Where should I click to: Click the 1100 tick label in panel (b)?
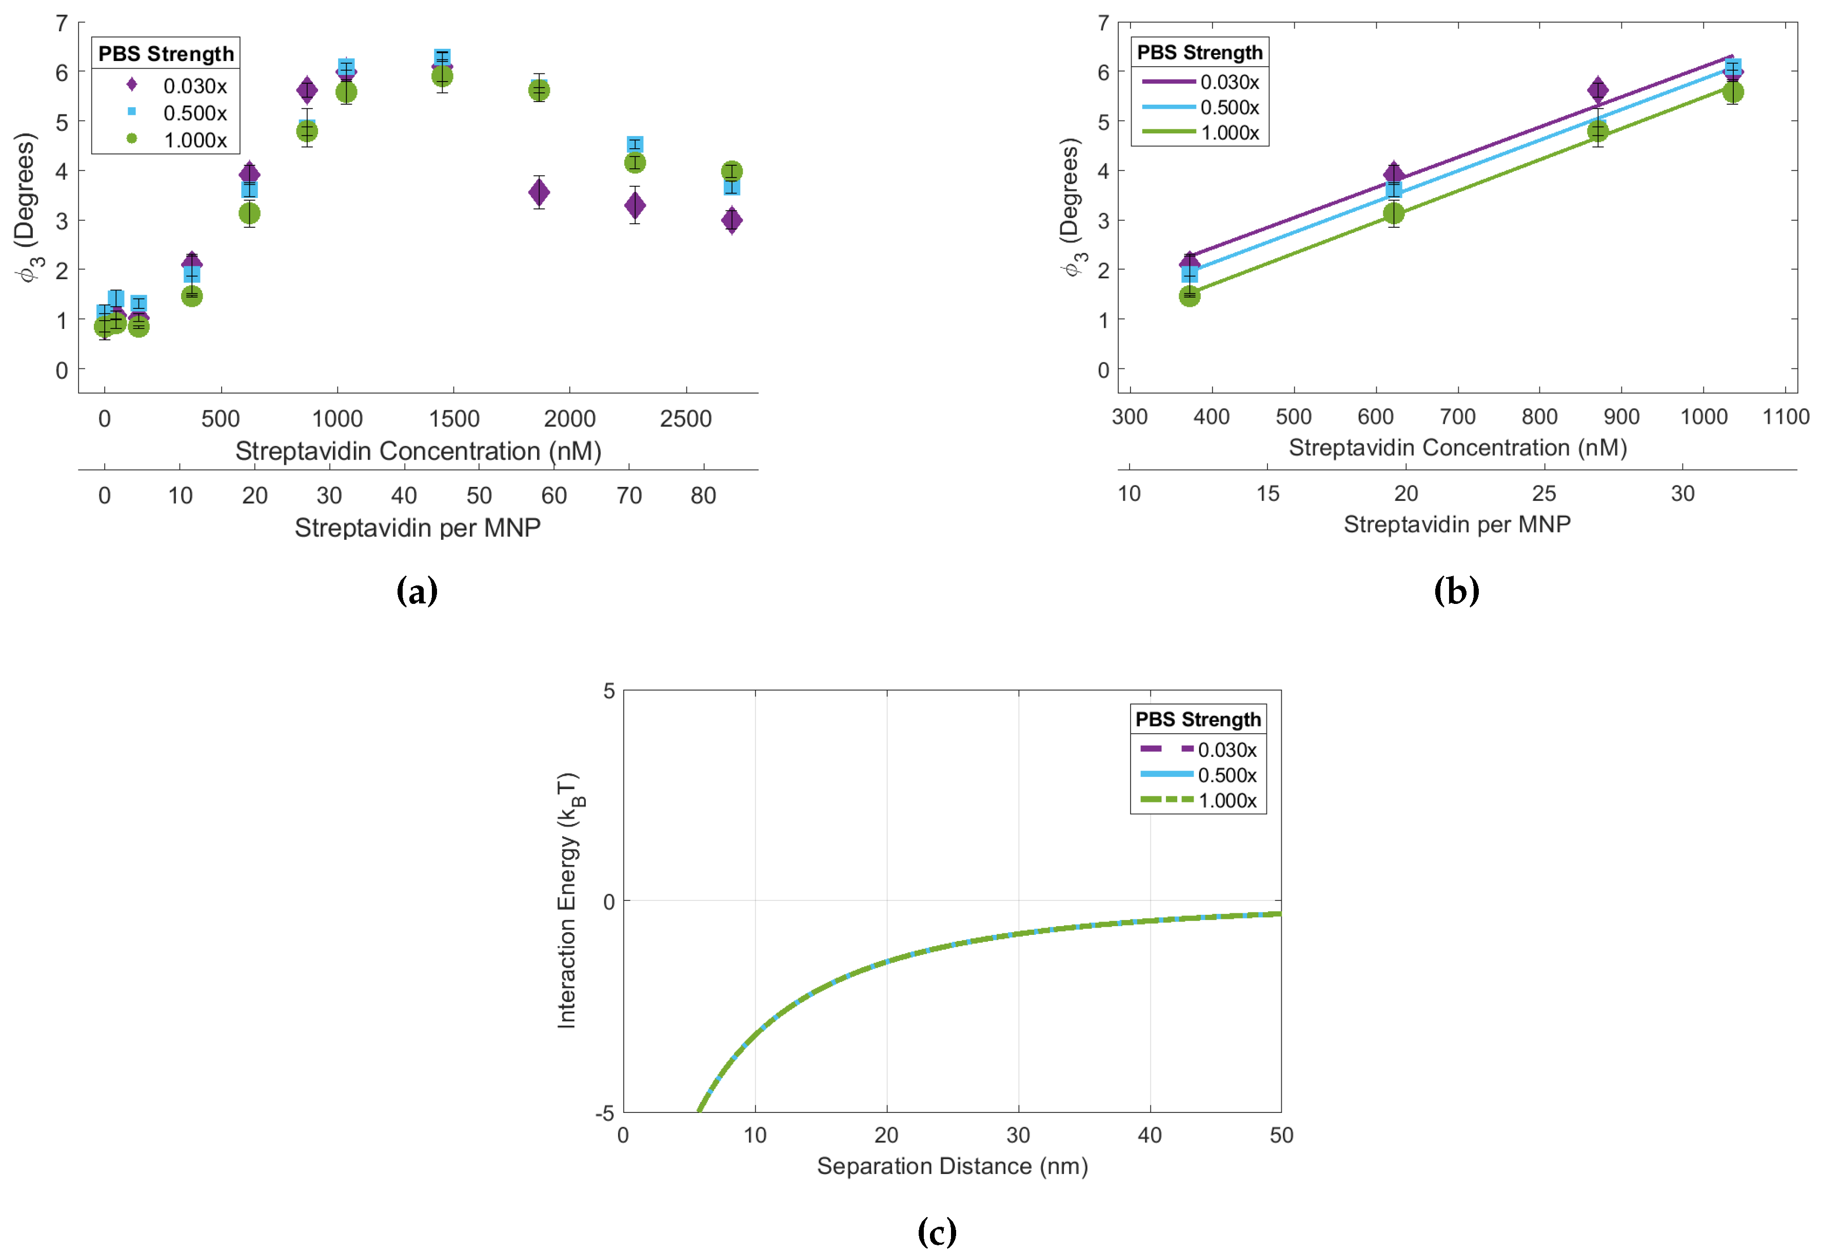1785,417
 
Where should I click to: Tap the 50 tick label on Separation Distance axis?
1280,1135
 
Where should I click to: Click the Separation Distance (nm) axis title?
952,1166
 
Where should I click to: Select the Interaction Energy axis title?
567,900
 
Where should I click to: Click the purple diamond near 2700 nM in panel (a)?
731,221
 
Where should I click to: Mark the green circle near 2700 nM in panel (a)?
731,171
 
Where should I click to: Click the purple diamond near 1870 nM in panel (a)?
539,192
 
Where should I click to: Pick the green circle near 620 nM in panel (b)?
1393,214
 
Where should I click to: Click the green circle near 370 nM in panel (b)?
1188,296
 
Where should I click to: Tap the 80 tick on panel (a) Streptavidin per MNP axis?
703,496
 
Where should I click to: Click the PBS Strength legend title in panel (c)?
1197,720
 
